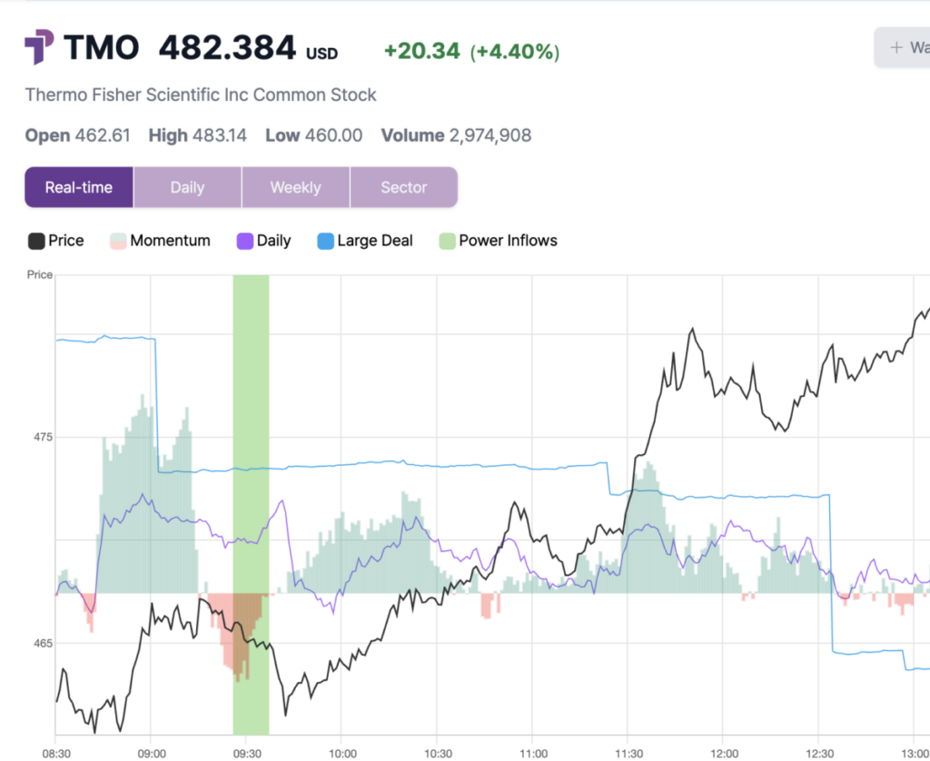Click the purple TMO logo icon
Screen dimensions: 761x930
(x=39, y=47)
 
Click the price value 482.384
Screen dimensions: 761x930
(x=227, y=48)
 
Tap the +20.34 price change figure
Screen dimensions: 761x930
(x=421, y=51)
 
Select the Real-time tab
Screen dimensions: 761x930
(x=79, y=187)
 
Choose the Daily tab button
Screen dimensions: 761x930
(x=187, y=187)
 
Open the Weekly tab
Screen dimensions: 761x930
(x=295, y=187)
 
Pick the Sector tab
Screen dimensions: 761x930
(x=403, y=187)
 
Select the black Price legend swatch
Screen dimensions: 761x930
(x=36, y=241)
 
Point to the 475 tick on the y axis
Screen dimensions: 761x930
(x=40, y=437)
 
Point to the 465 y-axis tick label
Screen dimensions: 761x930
(x=40, y=643)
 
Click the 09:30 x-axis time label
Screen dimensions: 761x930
(x=246, y=753)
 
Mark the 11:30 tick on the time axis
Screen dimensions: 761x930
(x=628, y=753)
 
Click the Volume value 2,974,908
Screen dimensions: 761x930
(x=490, y=136)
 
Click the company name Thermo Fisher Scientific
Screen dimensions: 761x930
(x=201, y=94)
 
